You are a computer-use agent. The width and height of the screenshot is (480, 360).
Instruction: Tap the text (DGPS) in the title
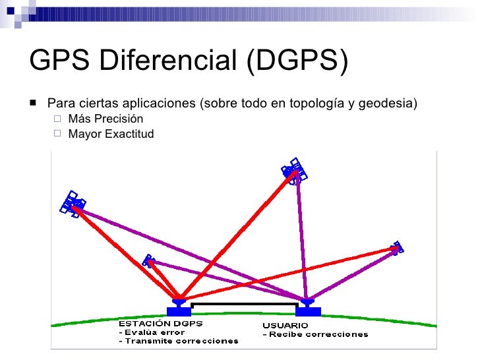pos(297,61)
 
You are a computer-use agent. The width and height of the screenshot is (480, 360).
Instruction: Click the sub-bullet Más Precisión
pos(105,119)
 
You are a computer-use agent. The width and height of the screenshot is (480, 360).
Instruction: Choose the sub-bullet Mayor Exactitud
pos(111,134)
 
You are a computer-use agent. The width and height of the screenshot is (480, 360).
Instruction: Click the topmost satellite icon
pos(294,170)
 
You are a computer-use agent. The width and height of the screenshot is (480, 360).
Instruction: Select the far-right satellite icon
pos(397,247)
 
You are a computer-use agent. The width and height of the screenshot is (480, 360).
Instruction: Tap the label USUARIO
pos(285,326)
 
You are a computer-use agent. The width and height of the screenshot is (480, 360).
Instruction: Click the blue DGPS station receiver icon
pos(179,308)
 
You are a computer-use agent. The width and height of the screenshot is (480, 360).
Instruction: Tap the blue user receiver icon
pos(307,308)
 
